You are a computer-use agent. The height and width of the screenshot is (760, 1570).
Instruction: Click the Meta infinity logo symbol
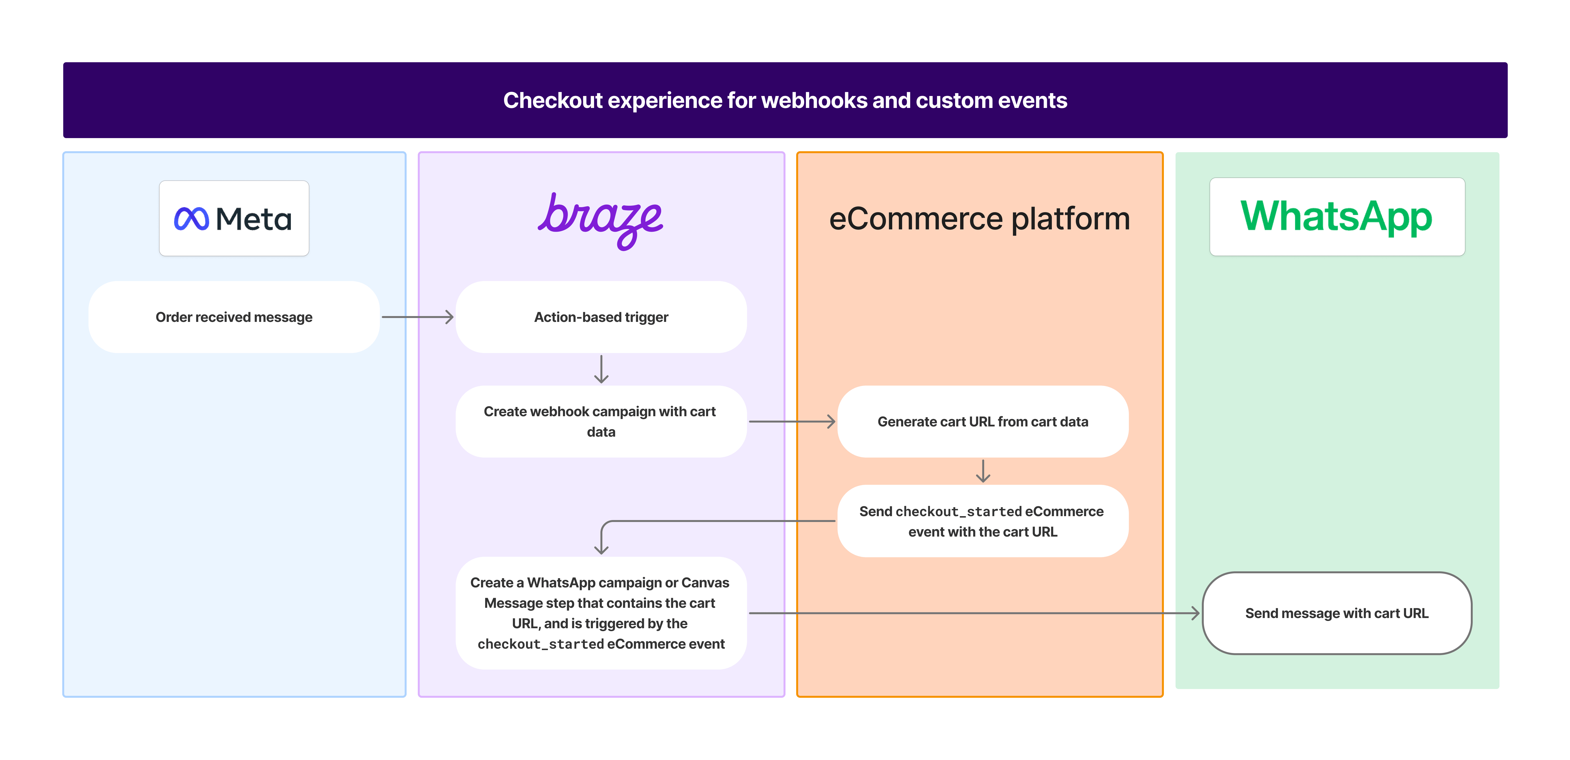191,219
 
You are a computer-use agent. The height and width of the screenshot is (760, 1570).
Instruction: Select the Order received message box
234,317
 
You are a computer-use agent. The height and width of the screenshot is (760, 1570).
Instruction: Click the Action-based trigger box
601,317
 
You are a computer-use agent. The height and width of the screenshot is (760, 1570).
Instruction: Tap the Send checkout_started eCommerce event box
982,521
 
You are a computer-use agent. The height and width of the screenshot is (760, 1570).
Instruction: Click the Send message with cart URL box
1337,613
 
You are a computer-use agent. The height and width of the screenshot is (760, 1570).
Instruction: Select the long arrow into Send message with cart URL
975,613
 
